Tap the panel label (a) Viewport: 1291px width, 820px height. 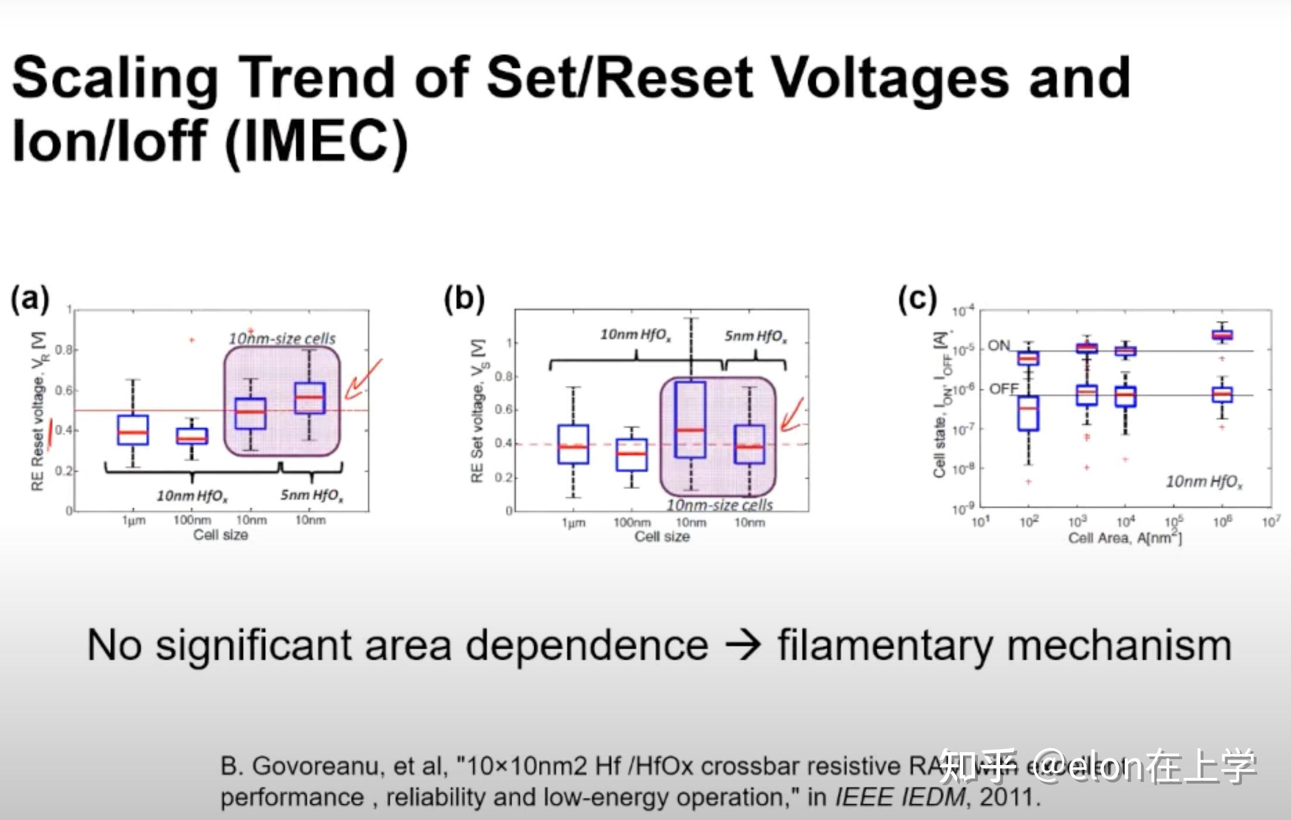point(30,298)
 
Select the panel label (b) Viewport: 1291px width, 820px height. point(464,298)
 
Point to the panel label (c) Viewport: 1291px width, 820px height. point(918,298)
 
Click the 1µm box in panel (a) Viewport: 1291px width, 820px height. point(133,430)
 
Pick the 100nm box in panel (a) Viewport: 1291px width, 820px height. point(192,436)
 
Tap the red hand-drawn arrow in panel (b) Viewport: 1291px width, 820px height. point(792,416)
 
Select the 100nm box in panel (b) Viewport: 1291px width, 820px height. point(631,454)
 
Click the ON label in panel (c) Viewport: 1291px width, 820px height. point(998,346)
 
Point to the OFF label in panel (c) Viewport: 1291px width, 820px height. point(1004,389)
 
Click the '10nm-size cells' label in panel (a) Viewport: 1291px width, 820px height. point(282,339)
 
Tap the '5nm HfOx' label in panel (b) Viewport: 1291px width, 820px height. point(756,336)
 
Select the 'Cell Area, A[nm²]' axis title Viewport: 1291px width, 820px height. point(1125,538)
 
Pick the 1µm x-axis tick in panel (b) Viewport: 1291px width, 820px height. point(573,522)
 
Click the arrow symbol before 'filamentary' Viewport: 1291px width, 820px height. point(743,645)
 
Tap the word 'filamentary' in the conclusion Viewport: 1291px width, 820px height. point(884,645)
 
